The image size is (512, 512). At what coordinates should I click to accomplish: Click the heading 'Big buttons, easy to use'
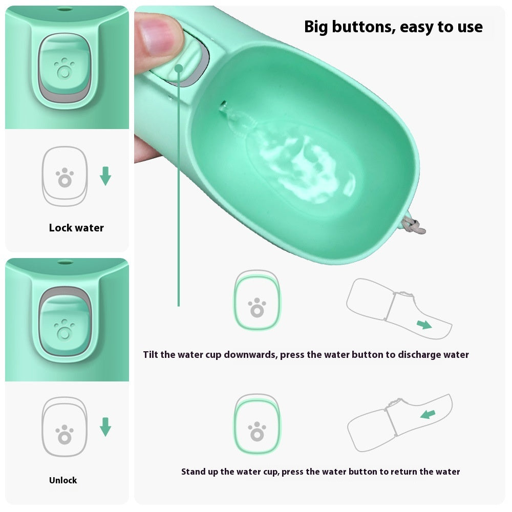[393, 27]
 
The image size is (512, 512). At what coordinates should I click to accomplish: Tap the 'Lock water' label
[76, 228]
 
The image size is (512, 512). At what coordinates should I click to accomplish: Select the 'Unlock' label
[63, 480]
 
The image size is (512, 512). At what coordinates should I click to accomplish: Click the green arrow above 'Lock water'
[105, 176]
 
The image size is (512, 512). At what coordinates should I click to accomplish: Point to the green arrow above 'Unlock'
[105, 426]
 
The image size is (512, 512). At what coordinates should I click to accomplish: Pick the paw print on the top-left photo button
[64, 68]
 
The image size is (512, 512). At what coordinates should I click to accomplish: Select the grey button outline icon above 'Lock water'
[65, 176]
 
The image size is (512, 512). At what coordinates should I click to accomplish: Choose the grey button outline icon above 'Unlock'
[65, 427]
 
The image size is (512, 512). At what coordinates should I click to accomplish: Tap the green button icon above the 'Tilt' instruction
[257, 301]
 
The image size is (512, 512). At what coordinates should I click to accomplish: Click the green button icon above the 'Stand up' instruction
[257, 424]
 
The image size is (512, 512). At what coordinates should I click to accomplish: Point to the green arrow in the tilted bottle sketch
[423, 324]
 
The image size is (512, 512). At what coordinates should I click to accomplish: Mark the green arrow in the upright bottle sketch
[428, 414]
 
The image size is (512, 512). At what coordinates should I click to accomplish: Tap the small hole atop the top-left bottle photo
[63, 9]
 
